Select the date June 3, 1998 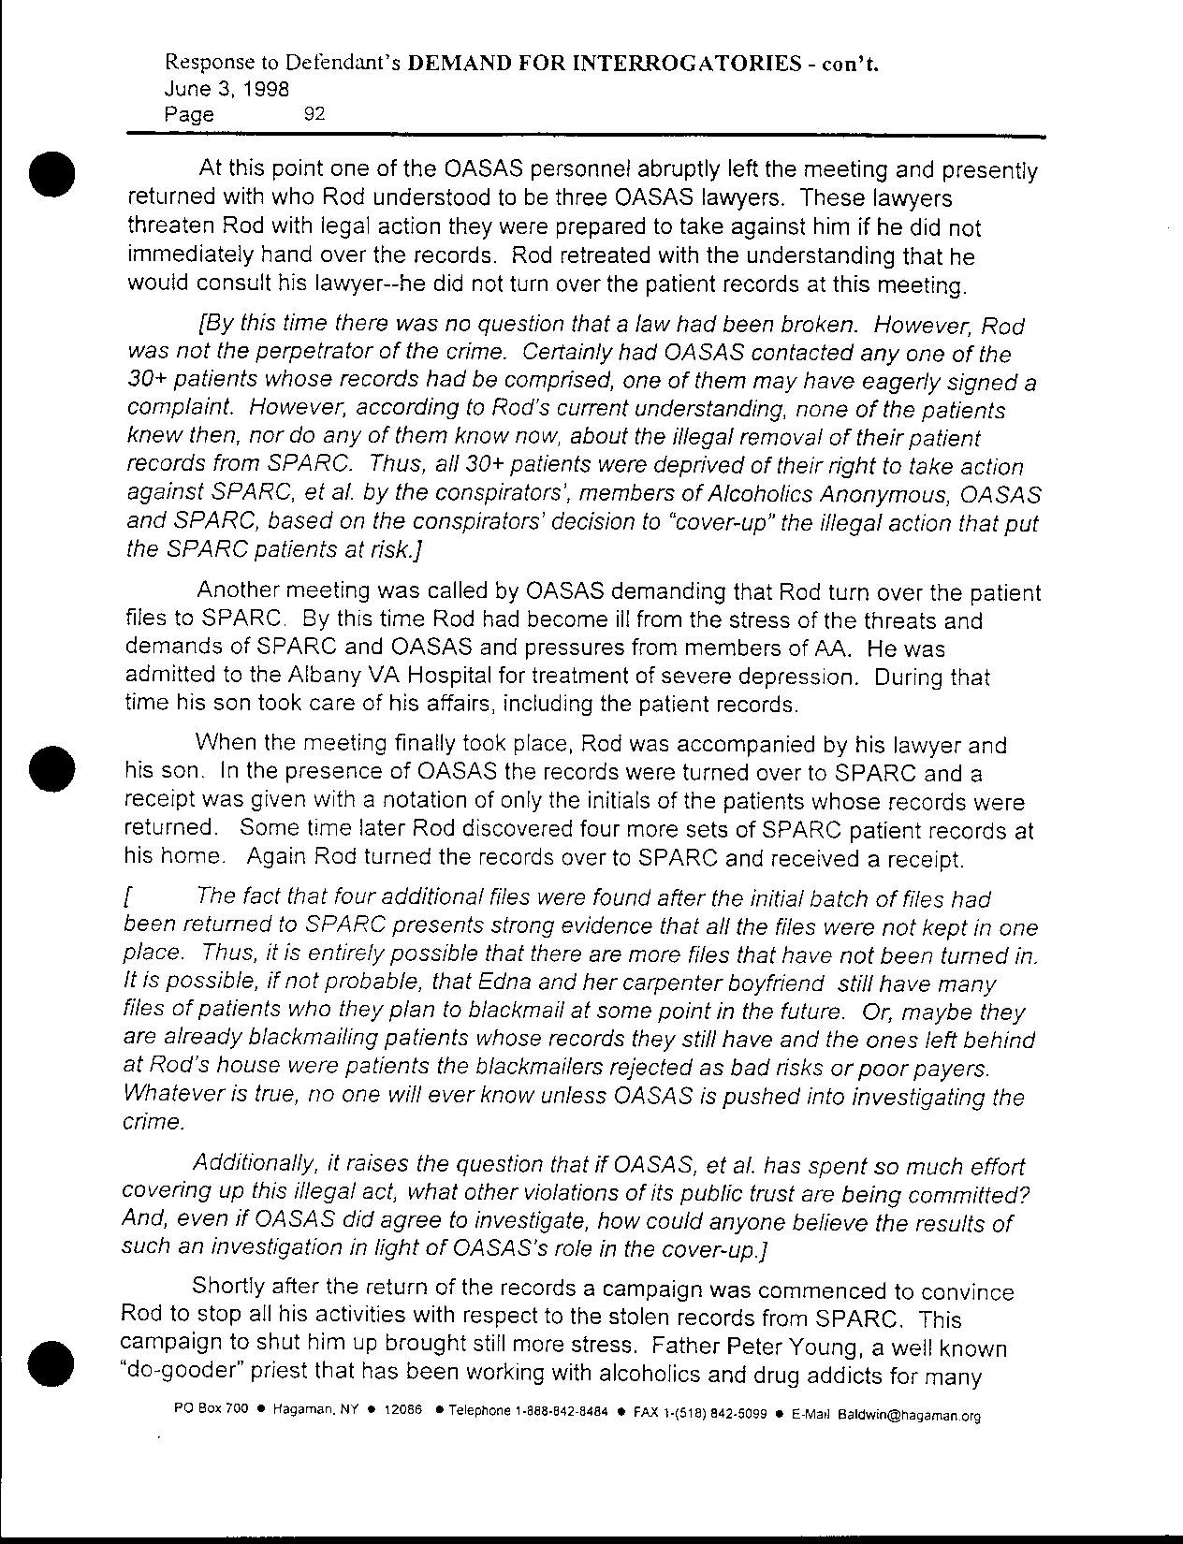[226, 89]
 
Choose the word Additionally [254, 1166]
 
